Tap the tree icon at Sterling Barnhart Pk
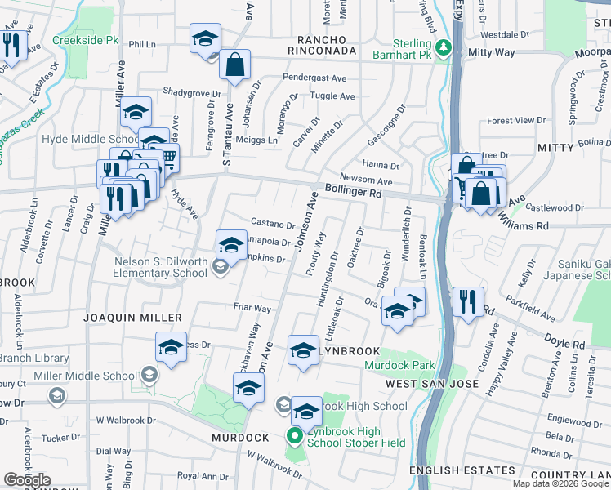click(x=443, y=49)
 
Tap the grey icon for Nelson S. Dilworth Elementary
click(x=219, y=265)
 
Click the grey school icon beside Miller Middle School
click(x=149, y=375)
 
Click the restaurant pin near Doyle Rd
click(x=468, y=302)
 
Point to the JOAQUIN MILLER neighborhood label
click(x=132, y=317)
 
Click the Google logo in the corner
click(x=27, y=480)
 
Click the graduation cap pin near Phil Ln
click(x=205, y=38)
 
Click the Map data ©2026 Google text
click(x=560, y=483)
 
